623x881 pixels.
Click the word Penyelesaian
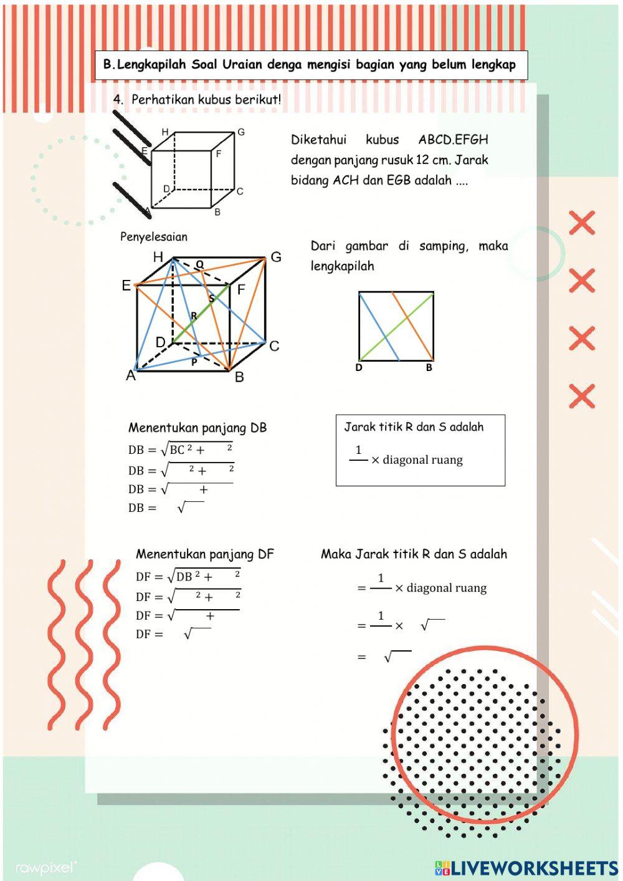[x=153, y=237]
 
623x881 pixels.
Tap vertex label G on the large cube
[x=276, y=257]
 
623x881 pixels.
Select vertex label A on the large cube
[x=131, y=375]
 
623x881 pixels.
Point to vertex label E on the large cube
[x=126, y=286]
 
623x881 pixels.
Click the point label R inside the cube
[x=194, y=316]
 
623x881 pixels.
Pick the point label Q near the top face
[x=199, y=264]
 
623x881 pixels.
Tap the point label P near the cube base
[x=194, y=362]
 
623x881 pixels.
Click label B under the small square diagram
[x=429, y=368]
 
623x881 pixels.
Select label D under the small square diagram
[x=359, y=368]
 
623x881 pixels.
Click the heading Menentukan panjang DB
[x=197, y=428]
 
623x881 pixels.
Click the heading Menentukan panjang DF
[x=204, y=554]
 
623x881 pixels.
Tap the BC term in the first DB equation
[x=178, y=450]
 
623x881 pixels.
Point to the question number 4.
[x=118, y=100]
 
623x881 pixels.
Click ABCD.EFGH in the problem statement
[x=453, y=140]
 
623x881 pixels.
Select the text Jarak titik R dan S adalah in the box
[x=414, y=427]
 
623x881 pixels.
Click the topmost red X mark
[x=581, y=223]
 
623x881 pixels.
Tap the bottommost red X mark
[x=581, y=397]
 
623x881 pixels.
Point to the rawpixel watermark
[x=46, y=867]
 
